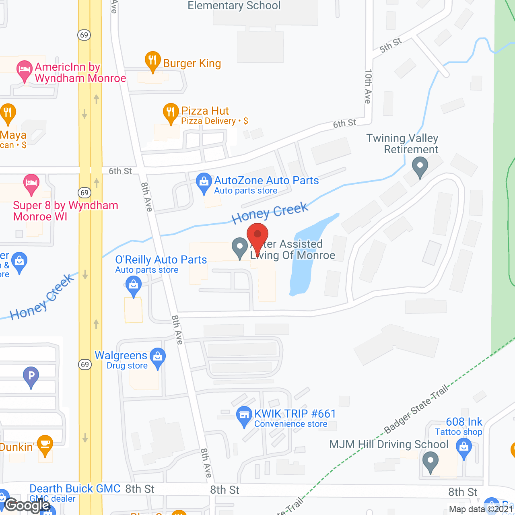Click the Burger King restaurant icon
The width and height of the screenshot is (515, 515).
click(152, 61)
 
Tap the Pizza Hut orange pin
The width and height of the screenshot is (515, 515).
click(171, 113)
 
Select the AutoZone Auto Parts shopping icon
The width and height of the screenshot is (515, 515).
click(204, 183)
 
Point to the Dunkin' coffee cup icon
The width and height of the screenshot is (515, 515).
click(45, 445)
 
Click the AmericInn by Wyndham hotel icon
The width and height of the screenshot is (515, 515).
click(25, 70)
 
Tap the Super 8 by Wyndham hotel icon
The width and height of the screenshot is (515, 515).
click(31, 183)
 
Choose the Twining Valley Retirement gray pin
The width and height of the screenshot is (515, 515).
click(420, 166)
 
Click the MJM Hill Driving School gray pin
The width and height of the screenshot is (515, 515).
click(430, 461)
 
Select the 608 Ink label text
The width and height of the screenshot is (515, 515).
click(464, 422)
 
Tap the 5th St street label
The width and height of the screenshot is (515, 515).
click(390, 45)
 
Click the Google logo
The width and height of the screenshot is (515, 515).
click(27, 505)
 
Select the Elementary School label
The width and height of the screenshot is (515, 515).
click(234, 6)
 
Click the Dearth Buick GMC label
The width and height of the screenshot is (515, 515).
click(75, 488)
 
